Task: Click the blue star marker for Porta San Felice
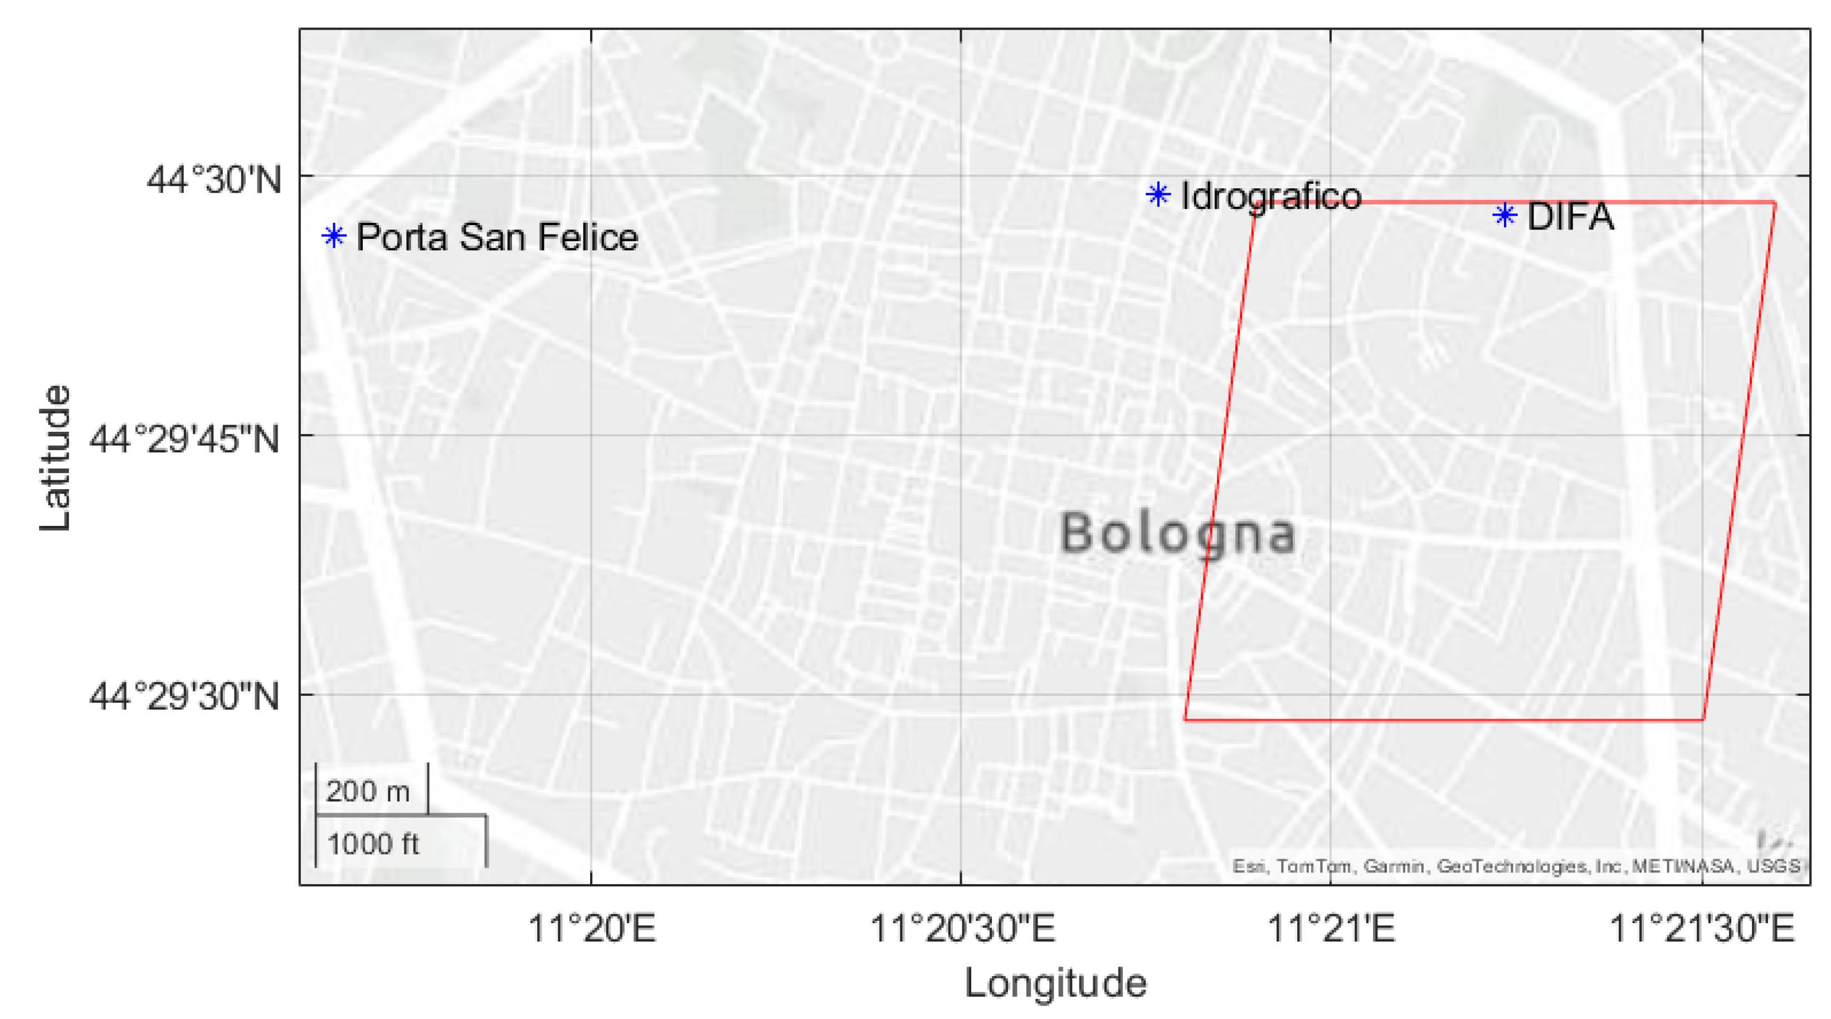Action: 333,235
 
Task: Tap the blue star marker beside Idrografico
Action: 1158,194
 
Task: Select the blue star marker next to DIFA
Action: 1504,214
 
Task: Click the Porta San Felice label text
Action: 497,237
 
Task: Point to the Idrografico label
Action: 1270,196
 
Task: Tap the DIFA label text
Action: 1570,217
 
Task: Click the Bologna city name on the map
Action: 1177,534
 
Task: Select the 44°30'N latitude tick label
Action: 214,180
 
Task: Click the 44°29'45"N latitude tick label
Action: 184,439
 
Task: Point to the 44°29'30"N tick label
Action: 184,696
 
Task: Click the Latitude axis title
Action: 55,459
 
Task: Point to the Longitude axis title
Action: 1055,983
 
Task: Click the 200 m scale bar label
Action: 367,792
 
